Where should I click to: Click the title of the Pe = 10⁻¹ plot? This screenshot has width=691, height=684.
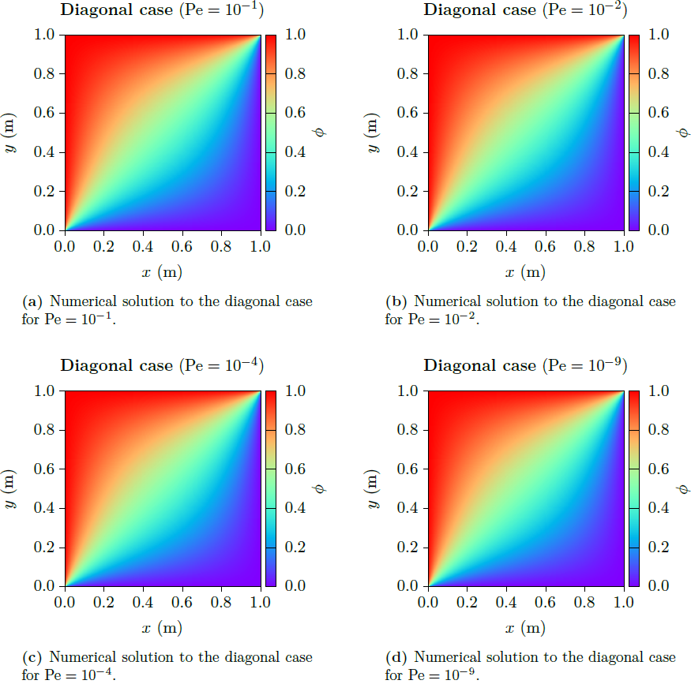(162, 11)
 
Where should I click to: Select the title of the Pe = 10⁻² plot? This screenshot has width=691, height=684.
(524, 10)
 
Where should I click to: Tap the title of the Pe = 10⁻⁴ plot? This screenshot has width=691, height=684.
(162, 366)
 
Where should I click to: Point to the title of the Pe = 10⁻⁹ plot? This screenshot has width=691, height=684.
(524, 366)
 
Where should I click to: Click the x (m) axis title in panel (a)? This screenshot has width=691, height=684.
(162, 273)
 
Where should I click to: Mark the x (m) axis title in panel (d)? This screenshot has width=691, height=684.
(525, 629)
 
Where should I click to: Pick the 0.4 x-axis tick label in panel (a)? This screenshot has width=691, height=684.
(143, 248)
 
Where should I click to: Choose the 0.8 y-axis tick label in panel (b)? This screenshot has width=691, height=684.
(410, 74)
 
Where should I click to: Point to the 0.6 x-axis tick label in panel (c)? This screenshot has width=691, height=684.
(182, 604)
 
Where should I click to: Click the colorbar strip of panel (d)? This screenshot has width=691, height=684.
(635, 488)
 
